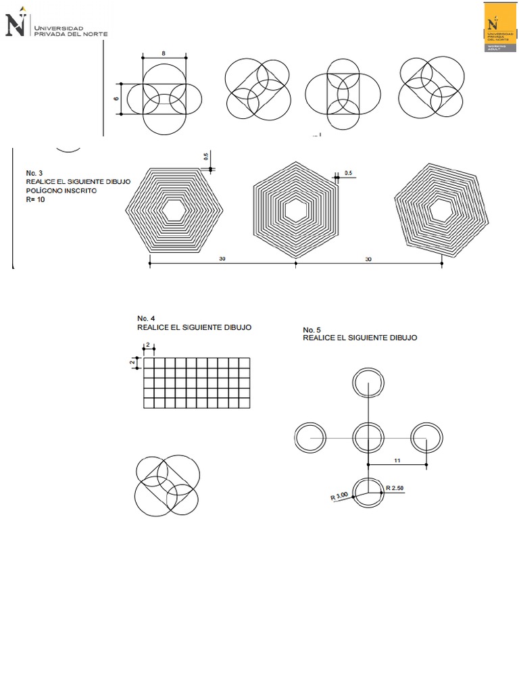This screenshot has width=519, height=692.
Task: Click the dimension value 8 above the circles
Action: tap(164, 53)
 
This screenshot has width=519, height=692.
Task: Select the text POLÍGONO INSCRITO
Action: tap(61, 191)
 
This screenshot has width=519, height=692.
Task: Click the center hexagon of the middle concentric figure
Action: tap(295, 210)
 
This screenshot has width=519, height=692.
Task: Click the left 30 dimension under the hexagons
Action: tap(222, 259)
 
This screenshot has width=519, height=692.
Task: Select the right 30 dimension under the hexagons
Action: tap(368, 259)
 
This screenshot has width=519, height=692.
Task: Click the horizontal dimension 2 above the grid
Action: tap(148, 345)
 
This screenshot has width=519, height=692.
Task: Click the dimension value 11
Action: tap(398, 460)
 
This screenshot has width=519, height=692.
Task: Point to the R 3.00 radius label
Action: tap(339, 496)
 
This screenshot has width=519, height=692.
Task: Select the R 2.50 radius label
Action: tap(395, 487)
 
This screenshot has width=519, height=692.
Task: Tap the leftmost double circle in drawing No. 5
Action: tap(310, 437)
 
